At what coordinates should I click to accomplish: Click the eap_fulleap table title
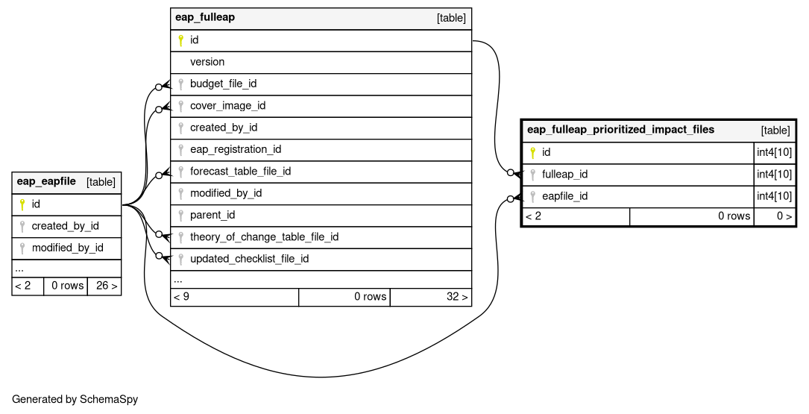[205, 17]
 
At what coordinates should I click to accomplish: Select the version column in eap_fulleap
[207, 62]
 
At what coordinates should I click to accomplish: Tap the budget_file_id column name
[223, 84]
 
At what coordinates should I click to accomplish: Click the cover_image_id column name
[227, 106]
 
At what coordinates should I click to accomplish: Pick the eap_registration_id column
[236, 150]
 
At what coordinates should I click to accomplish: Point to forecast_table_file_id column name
[240, 172]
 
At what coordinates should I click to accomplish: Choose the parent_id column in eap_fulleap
[213, 216]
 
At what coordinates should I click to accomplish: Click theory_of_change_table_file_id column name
[264, 237]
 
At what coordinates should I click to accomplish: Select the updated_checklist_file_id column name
[249, 259]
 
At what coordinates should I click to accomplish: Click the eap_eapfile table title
[46, 181]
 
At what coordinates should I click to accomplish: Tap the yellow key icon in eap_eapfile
[22, 204]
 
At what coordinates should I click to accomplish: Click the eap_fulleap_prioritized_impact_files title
[620, 130]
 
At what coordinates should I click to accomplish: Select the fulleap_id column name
[564, 175]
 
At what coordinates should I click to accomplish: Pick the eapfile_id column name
[564, 196]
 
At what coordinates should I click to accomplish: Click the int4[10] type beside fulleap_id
[774, 175]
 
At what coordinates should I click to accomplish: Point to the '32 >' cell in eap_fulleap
[457, 297]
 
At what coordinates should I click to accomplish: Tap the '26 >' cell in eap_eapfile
[107, 286]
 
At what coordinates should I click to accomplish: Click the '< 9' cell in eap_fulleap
[182, 297]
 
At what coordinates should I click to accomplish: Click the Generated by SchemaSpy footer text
[75, 399]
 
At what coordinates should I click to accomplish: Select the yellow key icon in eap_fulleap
[180, 40]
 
